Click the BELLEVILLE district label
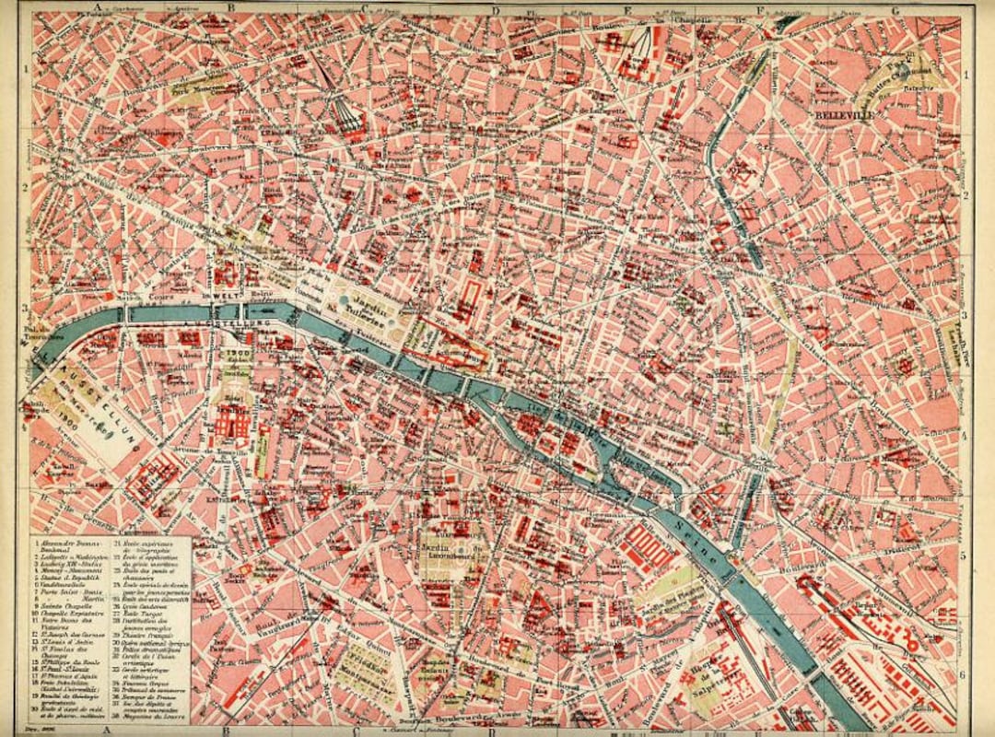(845, 117)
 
